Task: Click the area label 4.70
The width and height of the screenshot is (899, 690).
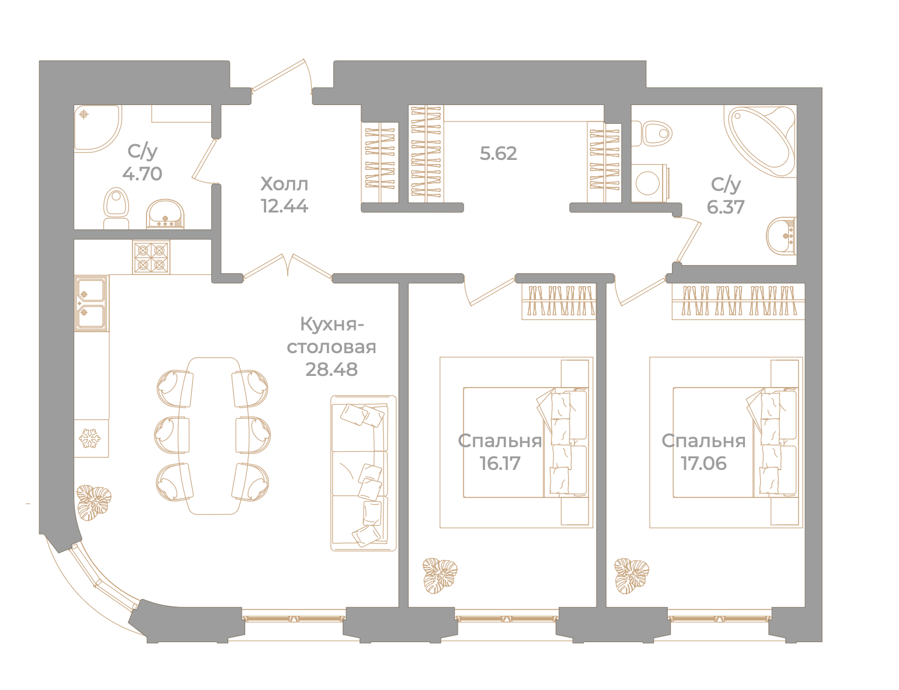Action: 142,174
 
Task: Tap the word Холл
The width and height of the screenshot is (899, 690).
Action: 284,184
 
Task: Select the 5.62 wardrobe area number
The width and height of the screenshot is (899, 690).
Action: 498,154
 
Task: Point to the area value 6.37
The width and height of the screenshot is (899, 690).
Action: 725,207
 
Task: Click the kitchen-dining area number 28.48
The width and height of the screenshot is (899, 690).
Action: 332,370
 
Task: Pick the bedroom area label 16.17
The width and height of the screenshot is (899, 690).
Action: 500,464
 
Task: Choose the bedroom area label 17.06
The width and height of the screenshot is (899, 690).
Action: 703,464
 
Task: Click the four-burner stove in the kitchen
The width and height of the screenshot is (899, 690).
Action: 151,257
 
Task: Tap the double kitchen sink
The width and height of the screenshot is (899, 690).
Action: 92,303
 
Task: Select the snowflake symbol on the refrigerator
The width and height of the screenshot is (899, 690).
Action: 90,438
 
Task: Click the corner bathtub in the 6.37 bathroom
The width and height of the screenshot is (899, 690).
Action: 759,141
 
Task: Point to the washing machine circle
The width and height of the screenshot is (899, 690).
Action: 647,183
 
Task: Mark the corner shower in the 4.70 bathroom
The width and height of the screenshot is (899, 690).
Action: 97,128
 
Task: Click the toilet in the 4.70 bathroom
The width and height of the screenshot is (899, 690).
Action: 116,208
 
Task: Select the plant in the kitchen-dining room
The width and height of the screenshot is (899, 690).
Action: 94,502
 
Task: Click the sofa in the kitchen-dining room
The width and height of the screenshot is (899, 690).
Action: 363,473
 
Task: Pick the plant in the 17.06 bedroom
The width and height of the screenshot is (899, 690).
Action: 631,576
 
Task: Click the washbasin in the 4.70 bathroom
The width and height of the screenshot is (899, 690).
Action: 165,214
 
